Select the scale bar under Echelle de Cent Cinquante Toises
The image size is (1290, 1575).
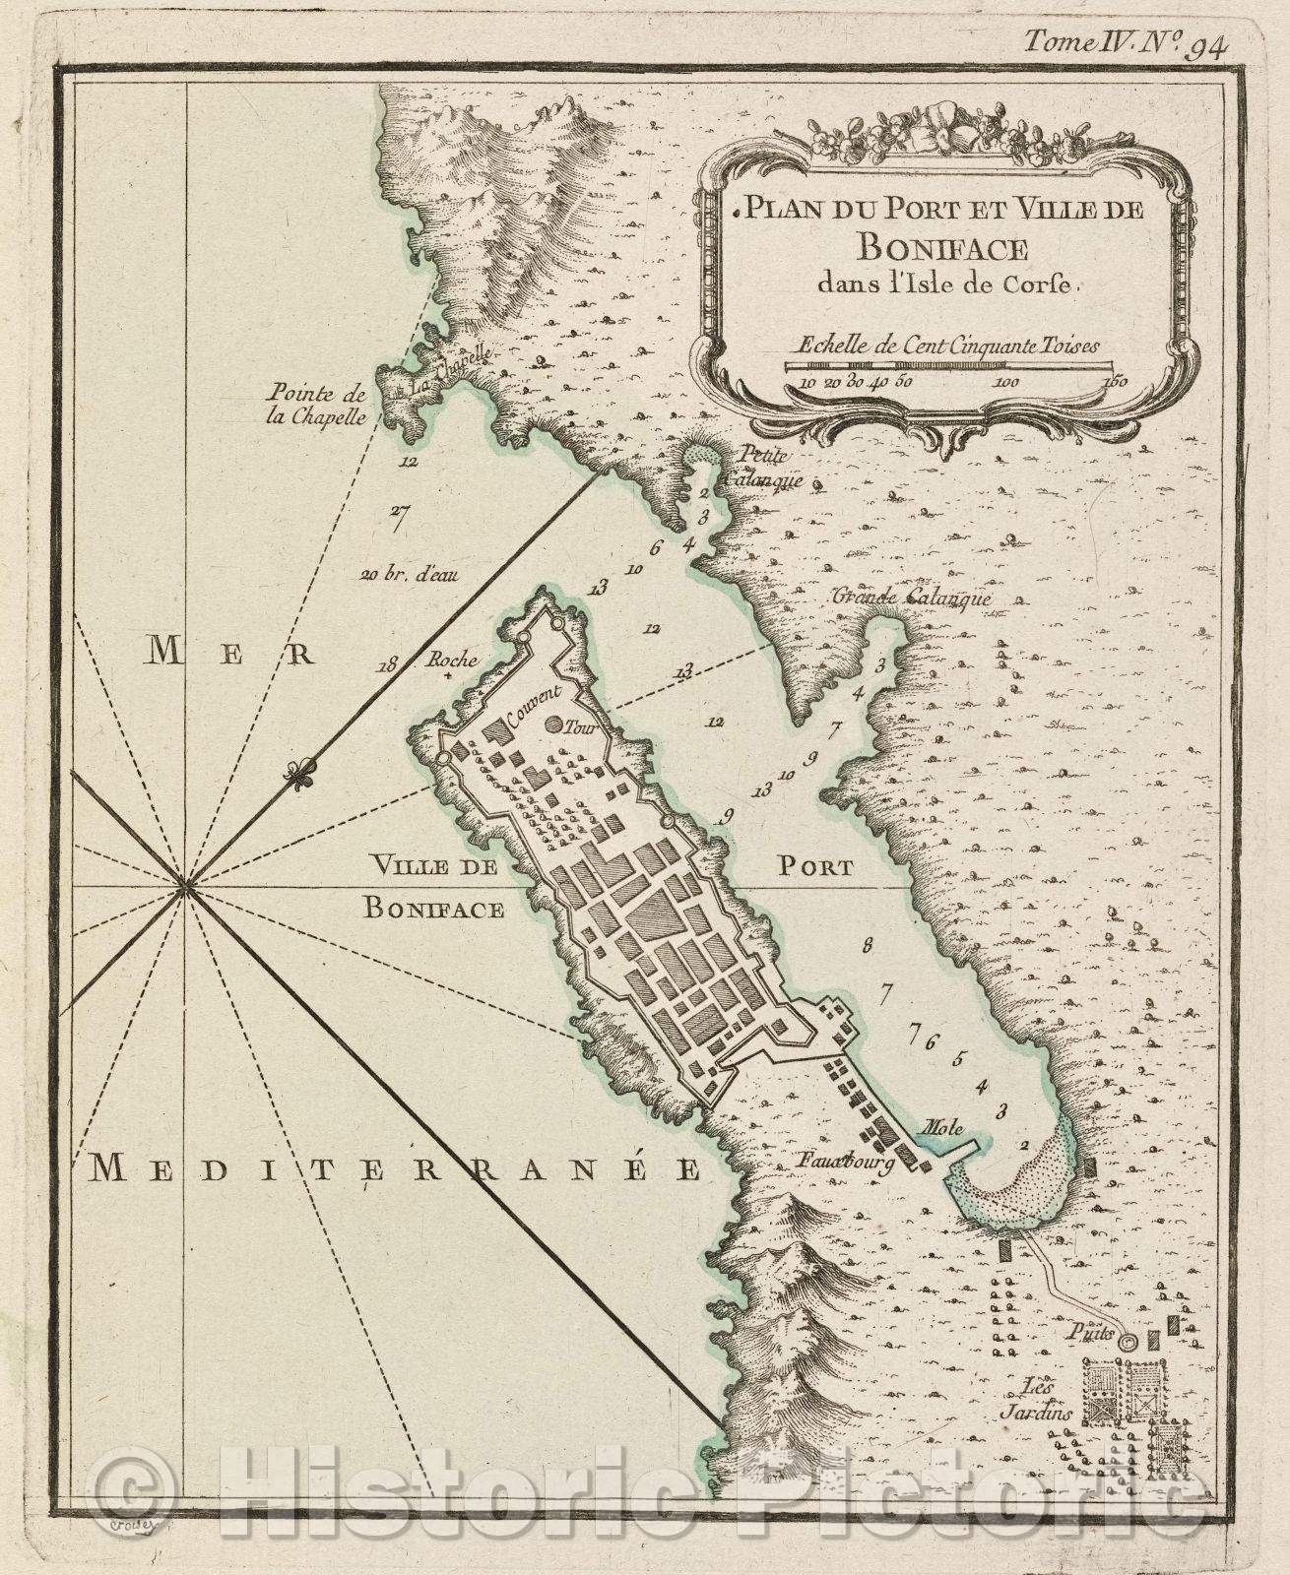tap(953, 365)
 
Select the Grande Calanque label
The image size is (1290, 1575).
tap(911, 597)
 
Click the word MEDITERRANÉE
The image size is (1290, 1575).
tap(395, 1168)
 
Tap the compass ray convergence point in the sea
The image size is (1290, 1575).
tap(185, 889)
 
